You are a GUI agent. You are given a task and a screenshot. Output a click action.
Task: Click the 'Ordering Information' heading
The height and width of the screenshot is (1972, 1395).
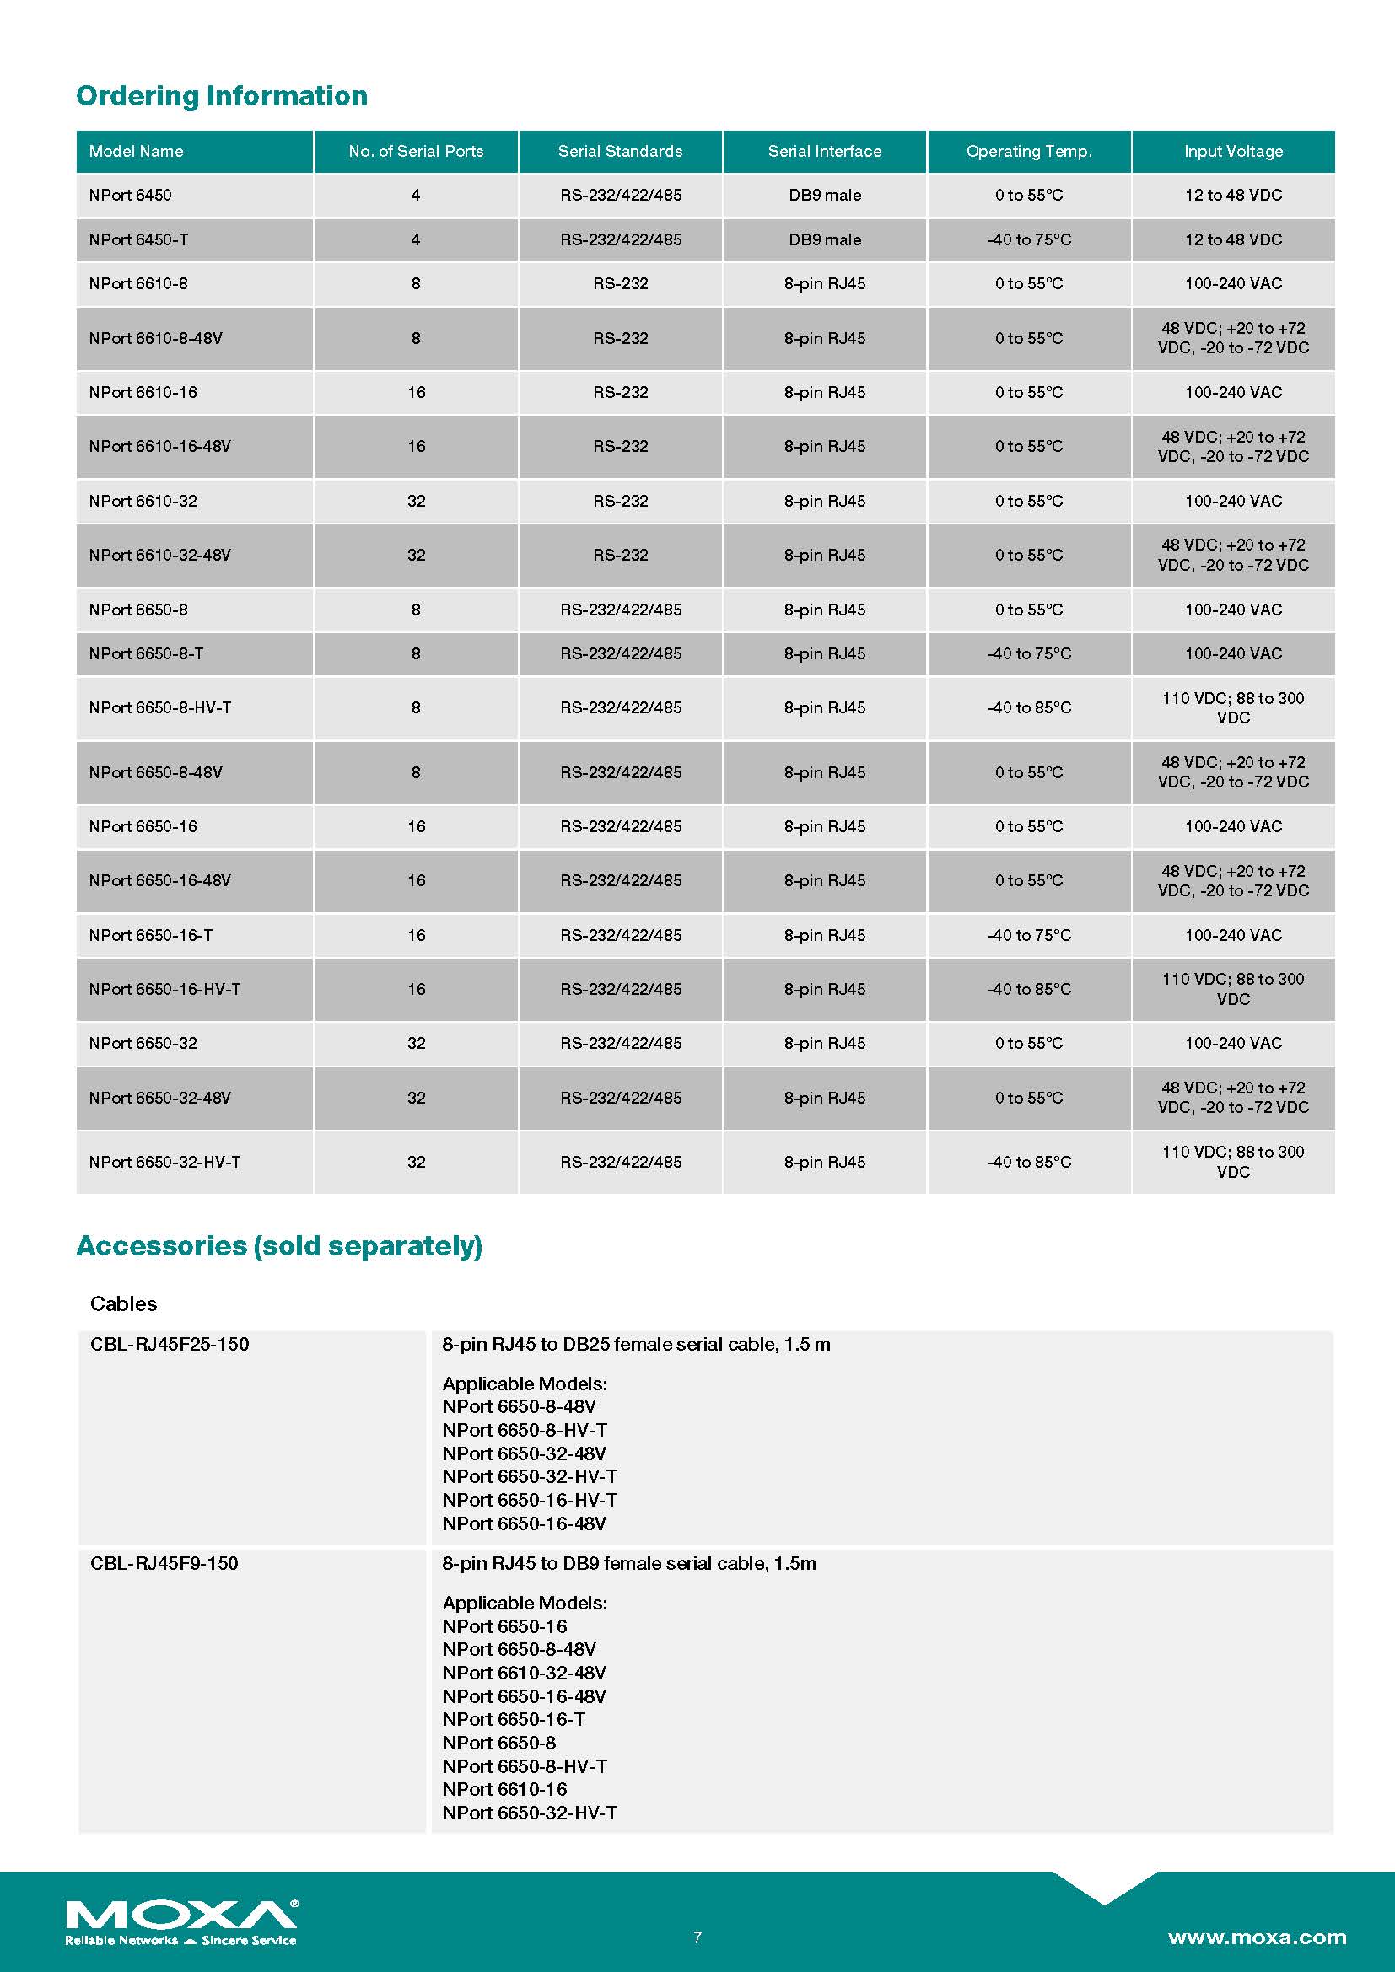(x=222, y=95)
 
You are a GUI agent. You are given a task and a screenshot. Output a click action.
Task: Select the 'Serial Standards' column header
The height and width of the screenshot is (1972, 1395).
(x=620, y=151)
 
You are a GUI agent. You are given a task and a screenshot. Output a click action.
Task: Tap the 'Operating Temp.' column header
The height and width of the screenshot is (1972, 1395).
(x=1029, y=151)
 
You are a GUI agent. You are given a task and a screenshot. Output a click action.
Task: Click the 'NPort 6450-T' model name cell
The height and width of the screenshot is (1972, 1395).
(x=138, y=239)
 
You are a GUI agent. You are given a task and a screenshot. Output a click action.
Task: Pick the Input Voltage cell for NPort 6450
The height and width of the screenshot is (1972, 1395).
(x=1233, y=195)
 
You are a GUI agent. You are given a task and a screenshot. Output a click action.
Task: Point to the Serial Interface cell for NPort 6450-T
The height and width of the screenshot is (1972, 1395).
(x=825, y=239)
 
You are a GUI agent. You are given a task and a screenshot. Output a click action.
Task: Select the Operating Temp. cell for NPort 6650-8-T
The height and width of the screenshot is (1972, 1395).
(x=1029, y=653)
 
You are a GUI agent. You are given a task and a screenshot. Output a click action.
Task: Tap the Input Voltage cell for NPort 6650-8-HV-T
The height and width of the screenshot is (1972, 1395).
(x=1233, y=707)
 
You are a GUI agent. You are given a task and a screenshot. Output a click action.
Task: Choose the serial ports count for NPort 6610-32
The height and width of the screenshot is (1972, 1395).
(x=416, y=501)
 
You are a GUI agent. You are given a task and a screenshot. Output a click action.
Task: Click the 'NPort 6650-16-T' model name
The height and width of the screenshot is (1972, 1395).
(x=150, y=934)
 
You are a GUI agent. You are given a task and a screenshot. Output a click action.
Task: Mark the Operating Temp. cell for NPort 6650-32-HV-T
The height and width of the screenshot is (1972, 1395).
(x=1029, y=1161)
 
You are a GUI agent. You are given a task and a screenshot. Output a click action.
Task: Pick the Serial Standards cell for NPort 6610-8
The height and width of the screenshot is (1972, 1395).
(x=620, y=283)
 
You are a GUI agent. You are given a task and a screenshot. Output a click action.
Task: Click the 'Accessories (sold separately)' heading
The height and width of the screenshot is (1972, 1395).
(x=279, y=1245)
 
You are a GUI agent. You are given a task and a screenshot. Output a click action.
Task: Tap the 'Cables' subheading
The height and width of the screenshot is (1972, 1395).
(x=124, y=1303)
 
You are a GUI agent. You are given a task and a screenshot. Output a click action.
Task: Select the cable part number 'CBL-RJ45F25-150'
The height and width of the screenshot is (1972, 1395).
(x=170, y=1344)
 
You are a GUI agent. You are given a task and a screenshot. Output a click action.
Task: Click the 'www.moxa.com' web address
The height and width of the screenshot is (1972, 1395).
(x=1257, y=1937)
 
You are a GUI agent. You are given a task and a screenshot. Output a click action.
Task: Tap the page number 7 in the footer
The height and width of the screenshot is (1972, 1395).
(x=697, y=1937)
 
